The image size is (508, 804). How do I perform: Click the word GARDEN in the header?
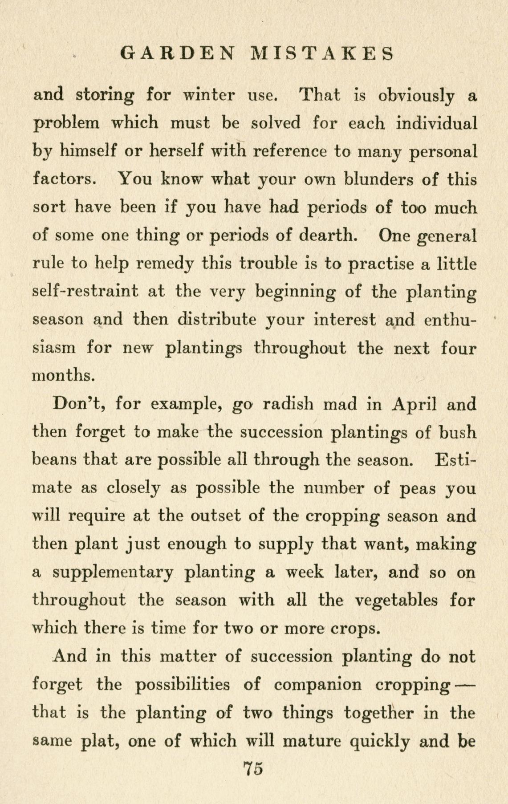pyautogui.click(x=177, y=53)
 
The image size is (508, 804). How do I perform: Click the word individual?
pyautogui.click(x=436, y=123)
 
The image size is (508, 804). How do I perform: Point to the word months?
pyautogui.click(x=64, y=376)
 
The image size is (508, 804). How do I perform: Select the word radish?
pyautogui.click(x=288, y=404)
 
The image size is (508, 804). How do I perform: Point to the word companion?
pyautogui.click(x=318, y=684)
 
